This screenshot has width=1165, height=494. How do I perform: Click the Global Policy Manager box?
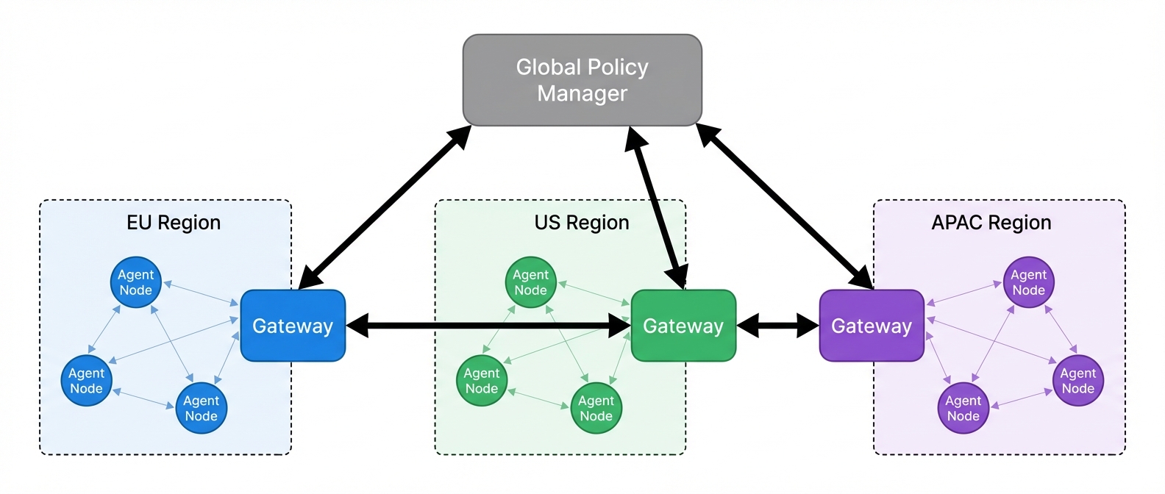(582, 80)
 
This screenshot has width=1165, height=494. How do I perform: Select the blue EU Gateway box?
(293, 326)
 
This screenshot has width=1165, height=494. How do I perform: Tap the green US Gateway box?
(683, 326)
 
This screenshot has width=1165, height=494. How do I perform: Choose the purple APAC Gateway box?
(872, 326)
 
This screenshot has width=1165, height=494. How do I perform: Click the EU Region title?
(174, 223)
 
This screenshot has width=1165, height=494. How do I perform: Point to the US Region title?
(582, 223)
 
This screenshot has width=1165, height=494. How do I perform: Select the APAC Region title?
(991, 223)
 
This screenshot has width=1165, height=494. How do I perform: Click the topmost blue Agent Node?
(136, 282)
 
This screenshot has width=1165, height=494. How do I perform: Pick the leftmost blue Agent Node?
(87, 381)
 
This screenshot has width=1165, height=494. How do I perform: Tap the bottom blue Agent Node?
(202, 408)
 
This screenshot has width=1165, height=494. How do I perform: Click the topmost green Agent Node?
(531, 282)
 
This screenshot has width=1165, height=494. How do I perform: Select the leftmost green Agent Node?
(482, 381)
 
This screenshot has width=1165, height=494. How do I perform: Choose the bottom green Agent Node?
(596, 408)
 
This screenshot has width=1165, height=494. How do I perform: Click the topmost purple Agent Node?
(1029, 282)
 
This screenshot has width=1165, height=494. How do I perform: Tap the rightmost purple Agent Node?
(1078, 381)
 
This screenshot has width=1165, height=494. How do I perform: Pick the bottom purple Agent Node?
(963, 408)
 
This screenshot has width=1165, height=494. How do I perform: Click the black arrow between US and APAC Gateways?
(777, 326)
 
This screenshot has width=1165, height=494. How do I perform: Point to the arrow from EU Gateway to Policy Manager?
(385, 207)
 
